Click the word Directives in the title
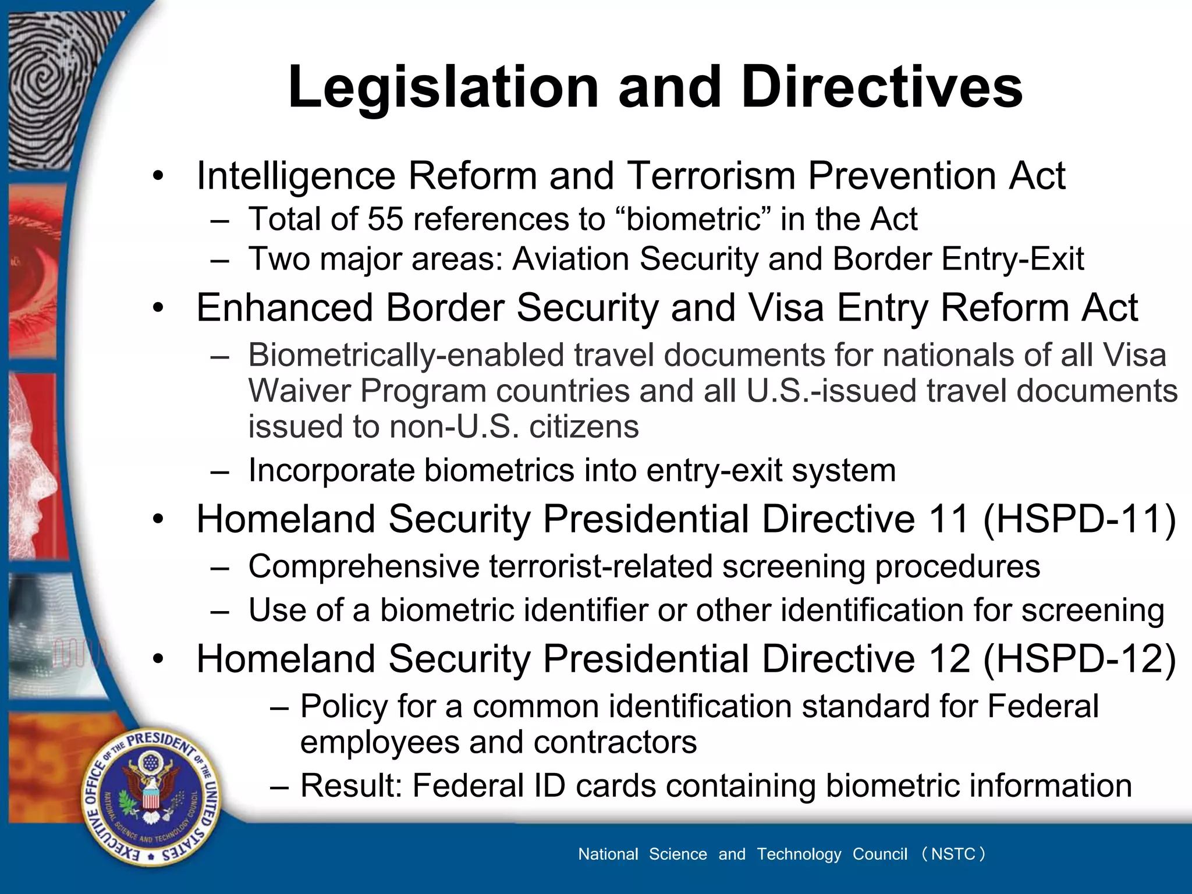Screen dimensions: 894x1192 pos(882,87)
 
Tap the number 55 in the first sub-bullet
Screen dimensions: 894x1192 pos(385,219)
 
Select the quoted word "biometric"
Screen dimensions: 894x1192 pos(693,219)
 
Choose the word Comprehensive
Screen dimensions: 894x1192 pos(364,566)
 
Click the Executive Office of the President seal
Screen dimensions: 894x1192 pos(151,797)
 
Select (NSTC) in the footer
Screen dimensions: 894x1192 pos(953,854)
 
